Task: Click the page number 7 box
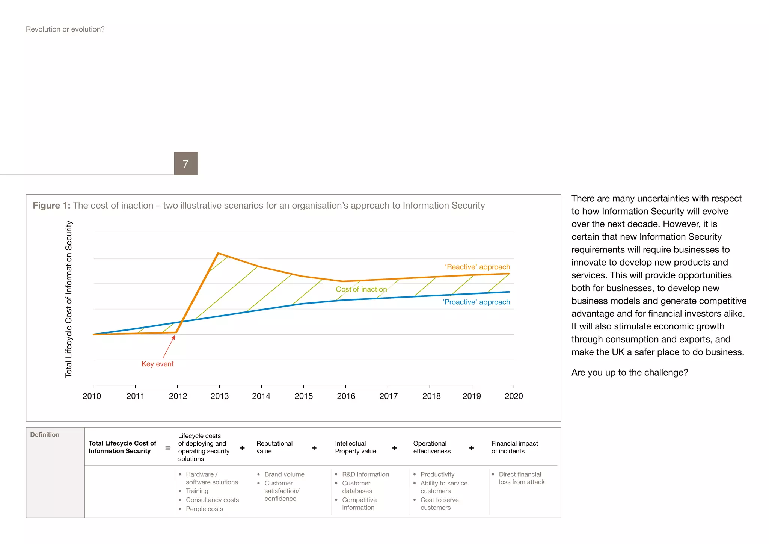pos(185,163)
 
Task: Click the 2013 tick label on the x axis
pos(219,396)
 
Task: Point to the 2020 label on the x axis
pos(513,396)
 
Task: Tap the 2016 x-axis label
pos(346,396)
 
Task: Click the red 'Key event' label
pos(157,364)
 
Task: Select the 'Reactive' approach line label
pos(477,267)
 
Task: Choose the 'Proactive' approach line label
pos(476,302)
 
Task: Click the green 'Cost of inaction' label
pos(361,289)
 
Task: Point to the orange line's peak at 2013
pos(218,253)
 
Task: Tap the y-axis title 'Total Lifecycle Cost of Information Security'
pos(68,299)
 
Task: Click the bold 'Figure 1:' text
pos(51,206)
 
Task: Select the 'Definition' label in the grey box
pos(45,435)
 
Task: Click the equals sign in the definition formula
pos(168,448)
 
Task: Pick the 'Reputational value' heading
pos(274,447)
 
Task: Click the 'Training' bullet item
pos(197,491)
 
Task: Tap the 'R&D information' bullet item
pos(365,474)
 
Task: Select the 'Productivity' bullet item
pos(437,474)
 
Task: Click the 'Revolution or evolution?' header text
pos(65,29)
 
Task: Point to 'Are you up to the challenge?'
pos(629,372)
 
